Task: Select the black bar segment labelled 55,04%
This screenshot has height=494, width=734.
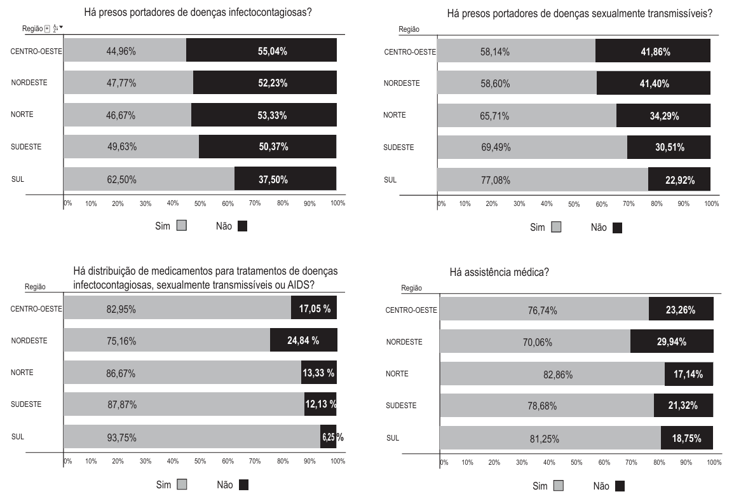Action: (x=261, y=51)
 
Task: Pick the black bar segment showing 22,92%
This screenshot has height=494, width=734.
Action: (x=679, y=180)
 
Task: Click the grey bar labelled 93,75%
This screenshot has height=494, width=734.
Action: (x=191, y=437)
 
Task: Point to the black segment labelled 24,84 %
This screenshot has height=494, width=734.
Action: (x=303, y=341)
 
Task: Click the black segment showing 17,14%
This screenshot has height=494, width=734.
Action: (x=688, y=374)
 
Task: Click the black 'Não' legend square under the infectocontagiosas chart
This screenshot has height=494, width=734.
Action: (x=242, y=226)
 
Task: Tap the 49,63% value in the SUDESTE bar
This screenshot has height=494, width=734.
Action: (x=121, y=147)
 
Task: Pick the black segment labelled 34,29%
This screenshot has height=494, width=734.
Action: (x=663, y=116)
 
